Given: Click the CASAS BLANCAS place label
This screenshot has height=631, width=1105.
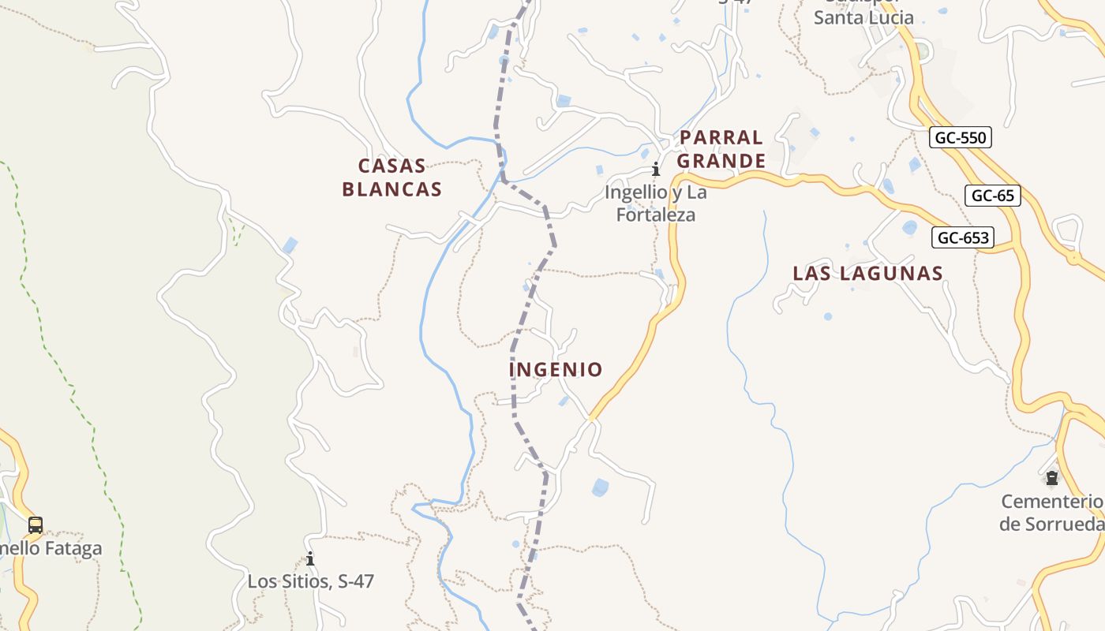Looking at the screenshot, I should pyautogui.click(x=391, y=177).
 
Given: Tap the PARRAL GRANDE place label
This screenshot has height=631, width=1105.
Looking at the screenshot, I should pyautogui.click(x=721, y=149).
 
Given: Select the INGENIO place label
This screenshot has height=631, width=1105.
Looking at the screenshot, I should pyautogui.click(x=556, y=369).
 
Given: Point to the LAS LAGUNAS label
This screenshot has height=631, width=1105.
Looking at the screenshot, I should pyautogui.click(x=867, y=274).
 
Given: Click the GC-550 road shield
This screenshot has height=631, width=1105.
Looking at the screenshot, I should pyautogui.click(x=960, y=138).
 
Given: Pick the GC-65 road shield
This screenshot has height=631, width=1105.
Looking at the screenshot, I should pyautogui.click(x=992, y=196).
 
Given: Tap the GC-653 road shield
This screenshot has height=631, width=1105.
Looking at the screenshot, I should pyautogui.click(x=962, y=237).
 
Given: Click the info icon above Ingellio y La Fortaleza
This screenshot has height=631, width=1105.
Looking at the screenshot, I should pyautogui.click(x=655, y=169).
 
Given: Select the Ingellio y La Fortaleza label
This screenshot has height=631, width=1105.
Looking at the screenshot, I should pyautogui.click(x=655, y=203).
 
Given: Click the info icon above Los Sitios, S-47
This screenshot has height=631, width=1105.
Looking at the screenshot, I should pyautogui.click(x=310, y=559).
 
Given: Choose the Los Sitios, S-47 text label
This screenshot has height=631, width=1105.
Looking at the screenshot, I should pyautogui.click(x=310, y=581).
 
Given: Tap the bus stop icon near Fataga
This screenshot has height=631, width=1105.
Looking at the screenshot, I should pyautogui.click(x=35, y=525).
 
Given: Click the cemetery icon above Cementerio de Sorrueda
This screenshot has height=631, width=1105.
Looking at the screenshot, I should pyautogui.click(x=1051, y=478).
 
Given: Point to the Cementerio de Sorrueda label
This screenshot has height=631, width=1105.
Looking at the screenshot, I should pyautogui.click(x=1051, y=513).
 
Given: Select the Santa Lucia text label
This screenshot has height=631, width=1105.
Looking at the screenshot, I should pyautogui.click(x=863, y=17).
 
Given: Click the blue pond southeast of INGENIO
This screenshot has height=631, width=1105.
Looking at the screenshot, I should pyautogui.click(x=601, y=487).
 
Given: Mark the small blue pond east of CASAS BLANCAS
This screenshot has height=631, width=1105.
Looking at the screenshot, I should pyautogui.click(x=290, y=245).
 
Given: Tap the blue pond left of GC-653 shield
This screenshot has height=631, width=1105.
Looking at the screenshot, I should pyautogui.click(x=909, y=228).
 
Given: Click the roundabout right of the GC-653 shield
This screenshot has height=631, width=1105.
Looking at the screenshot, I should pyautogui.click(x=1073, y=256).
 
